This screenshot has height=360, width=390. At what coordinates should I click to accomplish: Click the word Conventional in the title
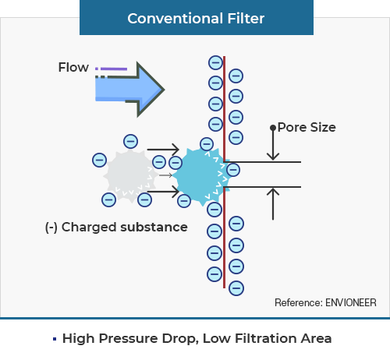pyautogui.click(x=175, y=19)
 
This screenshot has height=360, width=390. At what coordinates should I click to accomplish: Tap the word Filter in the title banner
pyautogui.click(x=246, y=19)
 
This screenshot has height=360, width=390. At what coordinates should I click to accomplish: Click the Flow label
pyautogui.click(x=73, y=67)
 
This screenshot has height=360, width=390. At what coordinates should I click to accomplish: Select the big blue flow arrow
pyautogui.click(x=129, y=90)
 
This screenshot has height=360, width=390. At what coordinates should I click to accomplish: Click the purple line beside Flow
pyautogui.click(x=114, y=69)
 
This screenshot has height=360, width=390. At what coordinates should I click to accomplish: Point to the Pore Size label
pyautogui.click(x=307, y=127)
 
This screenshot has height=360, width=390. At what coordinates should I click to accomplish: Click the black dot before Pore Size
pyautogui.click(x=273, y=128)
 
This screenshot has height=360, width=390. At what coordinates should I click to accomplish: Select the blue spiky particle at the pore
pyautogui.click(x=201, y=177)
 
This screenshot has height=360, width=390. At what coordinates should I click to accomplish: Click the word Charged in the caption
pyautogui.click(x=89, y=228)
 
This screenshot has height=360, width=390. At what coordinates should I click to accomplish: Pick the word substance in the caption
pyautogui.click(x=154, y=227)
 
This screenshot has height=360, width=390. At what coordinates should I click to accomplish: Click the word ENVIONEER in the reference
pyautogui.click(x=351, y=302)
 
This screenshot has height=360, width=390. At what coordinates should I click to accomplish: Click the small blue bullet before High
pyautogui.click(x=55, y=339)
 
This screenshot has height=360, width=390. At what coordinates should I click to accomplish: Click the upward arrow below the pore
pyautogui.click(x=273, y=204)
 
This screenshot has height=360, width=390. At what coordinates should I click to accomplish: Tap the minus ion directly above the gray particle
pyautogui.click(x=130, y=142)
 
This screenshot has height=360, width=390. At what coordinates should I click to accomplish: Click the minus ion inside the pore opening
pyautogui.click(x=233, y=170)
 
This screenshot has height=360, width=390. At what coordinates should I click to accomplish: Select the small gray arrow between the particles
pyautogui.click(x=165, y=175)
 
